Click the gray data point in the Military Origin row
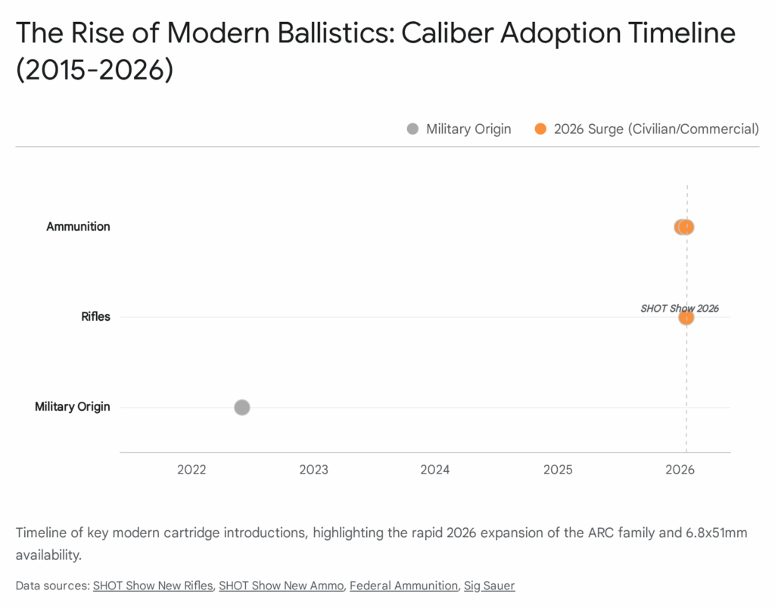click(x=241, y=407)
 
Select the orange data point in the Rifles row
click(x=686, y=317)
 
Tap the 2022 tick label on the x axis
click(x=191, y=470)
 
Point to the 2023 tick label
click(x=313, y=470)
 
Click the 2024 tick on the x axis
click(x=435, y=470)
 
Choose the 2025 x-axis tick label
click(x=558, y=470)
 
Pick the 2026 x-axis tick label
click(x=680, y=470)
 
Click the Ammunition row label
click(x=78, y=226)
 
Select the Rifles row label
click(x=95, y=316)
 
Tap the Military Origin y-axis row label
click(x=73, y=406)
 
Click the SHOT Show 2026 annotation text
click(x=679, y=308)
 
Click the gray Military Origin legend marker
click(x=412, y=129)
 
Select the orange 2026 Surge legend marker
click(x=540, y=129)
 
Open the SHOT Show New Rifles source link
click(x=153, y=586)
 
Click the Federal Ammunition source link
click(x=403, y=586)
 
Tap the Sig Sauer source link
click(x=489, y=586)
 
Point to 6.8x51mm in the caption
click(x=708, y=533)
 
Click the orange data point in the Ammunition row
click(x=687, y=226)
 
